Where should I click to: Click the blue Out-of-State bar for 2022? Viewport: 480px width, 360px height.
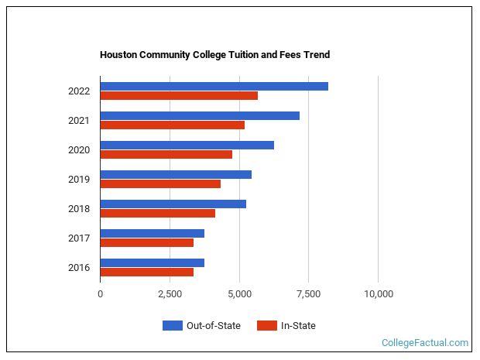point(214,86)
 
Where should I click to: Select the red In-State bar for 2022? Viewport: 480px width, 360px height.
point(179,95)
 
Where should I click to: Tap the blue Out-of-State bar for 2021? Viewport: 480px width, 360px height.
point(200,115)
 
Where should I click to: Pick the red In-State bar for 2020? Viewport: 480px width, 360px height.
point(166,154)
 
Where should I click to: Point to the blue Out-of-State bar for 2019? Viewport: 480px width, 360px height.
point(176,174)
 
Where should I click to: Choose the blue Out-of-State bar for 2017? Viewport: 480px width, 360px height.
point(152,233)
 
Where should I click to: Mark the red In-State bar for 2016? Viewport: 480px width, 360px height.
point(146,272)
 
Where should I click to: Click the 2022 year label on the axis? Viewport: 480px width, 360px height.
point(79,91)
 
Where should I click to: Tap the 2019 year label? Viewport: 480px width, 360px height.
point(79,180)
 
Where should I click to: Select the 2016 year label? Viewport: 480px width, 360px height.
point(79,268)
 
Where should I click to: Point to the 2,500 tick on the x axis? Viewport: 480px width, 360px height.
point(170,293)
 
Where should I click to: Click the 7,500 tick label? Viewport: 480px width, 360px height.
point(308,293)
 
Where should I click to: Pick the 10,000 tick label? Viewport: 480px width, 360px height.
point(378,293)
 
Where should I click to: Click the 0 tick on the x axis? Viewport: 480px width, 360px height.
point(100,293)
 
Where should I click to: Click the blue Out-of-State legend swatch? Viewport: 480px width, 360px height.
point(172,325)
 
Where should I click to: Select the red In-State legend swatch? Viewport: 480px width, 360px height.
point(266,325)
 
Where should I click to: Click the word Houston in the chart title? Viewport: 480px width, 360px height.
point(118,55)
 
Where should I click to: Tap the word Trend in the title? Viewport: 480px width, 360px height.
point(317,55)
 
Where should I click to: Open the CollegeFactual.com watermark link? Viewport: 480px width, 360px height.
point(424,342)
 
